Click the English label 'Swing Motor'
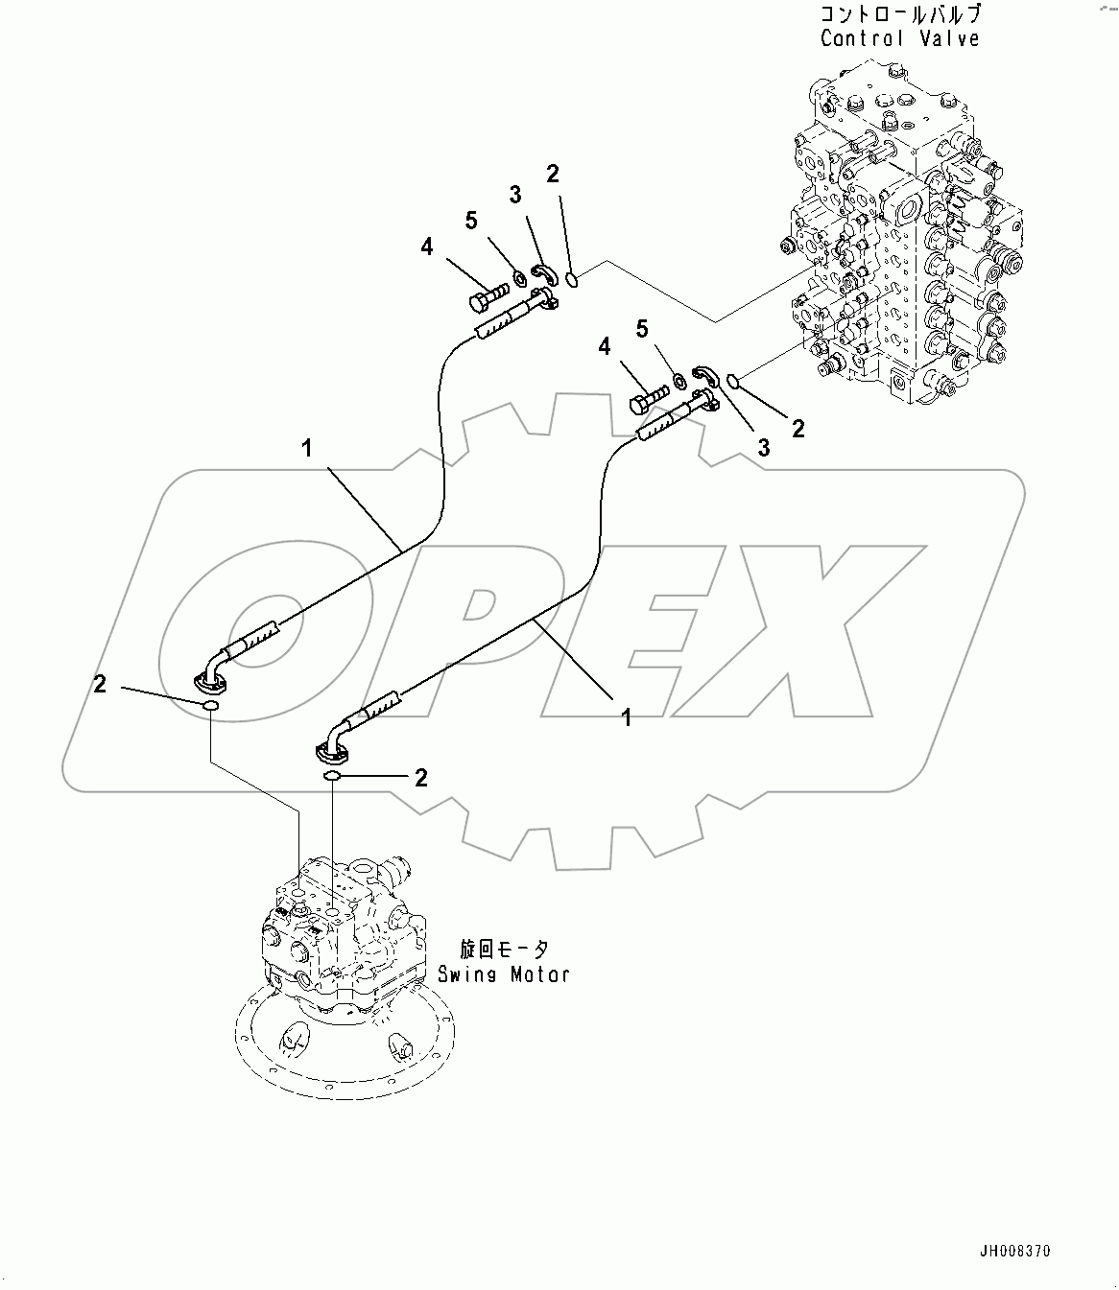[504, 973]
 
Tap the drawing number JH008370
[1015, 1251]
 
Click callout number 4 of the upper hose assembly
[426, 247]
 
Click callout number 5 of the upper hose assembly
[471, 221]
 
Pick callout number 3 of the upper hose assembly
[515, 195]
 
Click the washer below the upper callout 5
[519, 278]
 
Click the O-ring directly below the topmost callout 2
[572, 280]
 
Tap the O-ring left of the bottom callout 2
[332, 776]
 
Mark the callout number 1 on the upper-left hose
[307, 448]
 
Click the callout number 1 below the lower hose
[626, 716]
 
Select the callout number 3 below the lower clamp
[764, 447]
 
